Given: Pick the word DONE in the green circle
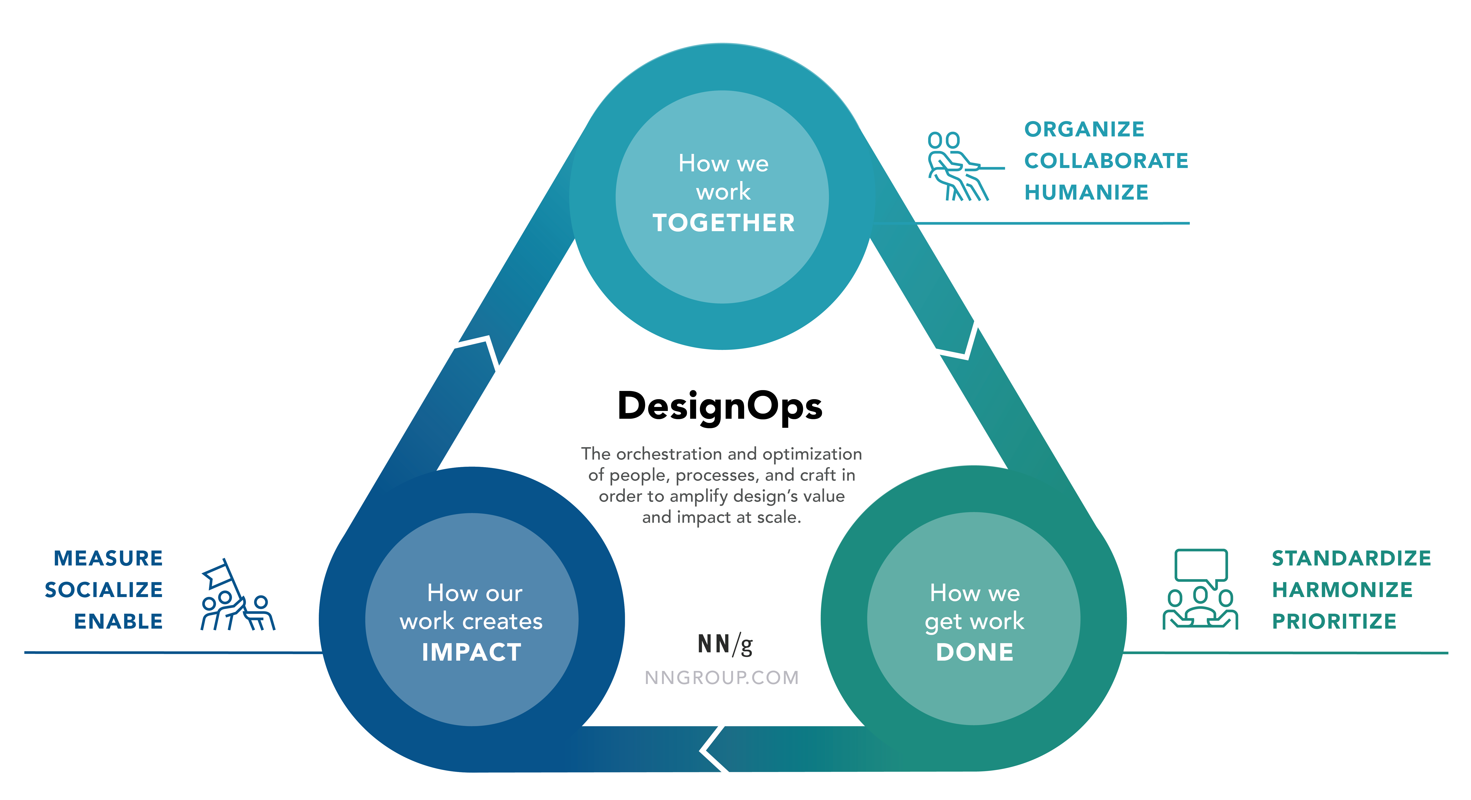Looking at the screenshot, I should [974, 652].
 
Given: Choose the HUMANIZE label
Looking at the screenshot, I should [1086, 192].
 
